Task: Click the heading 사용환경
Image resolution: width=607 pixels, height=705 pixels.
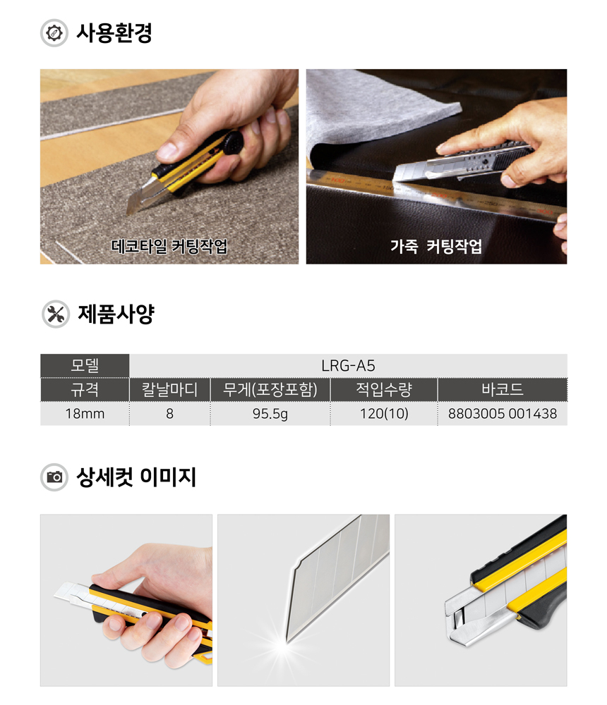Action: tap(114, 33)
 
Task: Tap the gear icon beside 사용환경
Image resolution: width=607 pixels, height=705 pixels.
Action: tap(54, 34)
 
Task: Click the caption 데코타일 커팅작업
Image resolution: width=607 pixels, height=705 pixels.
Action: tap(169, 247)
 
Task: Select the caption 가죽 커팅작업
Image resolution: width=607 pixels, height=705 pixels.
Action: tap(436, 247)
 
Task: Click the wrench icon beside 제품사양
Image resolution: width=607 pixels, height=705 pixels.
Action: tap(54, 314)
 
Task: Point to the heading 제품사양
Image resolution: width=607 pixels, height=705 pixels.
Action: tap(114, 314)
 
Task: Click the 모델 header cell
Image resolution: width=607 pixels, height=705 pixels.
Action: tap(85, 365)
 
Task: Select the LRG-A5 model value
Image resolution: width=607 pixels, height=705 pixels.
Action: tap(348, 365)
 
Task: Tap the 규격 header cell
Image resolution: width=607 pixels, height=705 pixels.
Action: tap(85, 389)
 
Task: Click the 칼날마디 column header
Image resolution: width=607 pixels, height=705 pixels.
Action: tap(169, 389)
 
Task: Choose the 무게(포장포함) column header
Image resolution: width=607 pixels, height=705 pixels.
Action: tap(270, 389)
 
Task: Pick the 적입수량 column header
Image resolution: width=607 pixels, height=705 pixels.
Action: tap(383, 389)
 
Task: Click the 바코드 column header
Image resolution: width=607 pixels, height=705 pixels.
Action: tap(502, 389)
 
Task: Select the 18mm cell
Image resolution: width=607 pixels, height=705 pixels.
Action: tap(85, 414)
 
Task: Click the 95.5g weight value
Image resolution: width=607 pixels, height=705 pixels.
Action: tap(270, 414)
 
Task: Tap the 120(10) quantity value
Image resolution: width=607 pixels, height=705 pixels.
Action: tap(383, 414)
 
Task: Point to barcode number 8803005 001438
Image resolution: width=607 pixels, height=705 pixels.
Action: tap(502, 414)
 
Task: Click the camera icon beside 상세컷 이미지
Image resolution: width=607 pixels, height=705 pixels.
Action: tap(54, 477)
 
